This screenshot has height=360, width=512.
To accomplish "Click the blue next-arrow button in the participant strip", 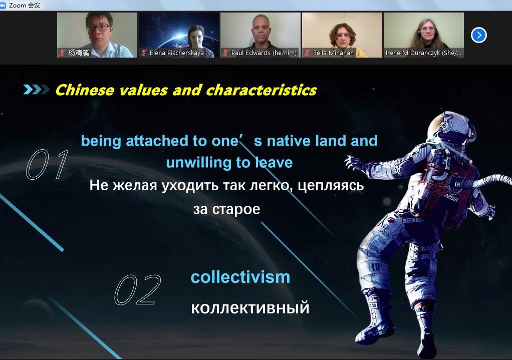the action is (479, 35).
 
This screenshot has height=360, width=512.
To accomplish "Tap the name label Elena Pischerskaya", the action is (177, 53).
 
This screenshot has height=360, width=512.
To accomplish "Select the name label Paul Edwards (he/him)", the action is (264, 53).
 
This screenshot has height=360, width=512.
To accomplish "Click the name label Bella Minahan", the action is (333, 53).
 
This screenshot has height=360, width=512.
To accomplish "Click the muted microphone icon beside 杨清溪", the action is (62, 53).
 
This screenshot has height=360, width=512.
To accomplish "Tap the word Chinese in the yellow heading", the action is (85, 90).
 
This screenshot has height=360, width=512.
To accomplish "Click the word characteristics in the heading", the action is (261, 90).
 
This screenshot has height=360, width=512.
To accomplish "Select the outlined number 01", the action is (48, 164).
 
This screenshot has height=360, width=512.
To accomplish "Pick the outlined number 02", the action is (138, 289).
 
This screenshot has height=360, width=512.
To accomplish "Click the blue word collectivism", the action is (240, 277).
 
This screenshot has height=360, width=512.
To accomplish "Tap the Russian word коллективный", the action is (250, 308).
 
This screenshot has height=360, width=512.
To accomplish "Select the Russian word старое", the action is (236, 209).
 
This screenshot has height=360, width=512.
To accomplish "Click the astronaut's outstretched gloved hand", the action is (354, 163).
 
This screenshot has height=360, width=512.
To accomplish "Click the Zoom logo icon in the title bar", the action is (3, 5).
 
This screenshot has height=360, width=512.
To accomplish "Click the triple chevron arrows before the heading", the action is (36, 90).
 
